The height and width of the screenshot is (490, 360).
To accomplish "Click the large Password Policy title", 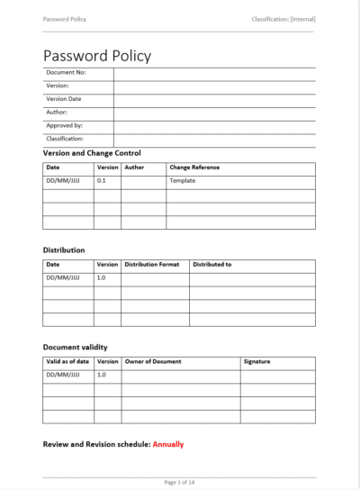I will [x=97, y=56].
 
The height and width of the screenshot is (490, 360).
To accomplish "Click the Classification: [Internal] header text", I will [x=284, y=20].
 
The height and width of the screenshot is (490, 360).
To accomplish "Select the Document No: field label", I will [x=66, y=72].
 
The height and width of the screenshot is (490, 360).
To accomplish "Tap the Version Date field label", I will [x=64, y=99].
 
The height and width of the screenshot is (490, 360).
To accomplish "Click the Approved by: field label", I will [x=65, y=126].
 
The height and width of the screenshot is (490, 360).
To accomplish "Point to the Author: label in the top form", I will [x=58, y=113].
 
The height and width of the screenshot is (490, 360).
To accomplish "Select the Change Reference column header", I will [x=194, y=168].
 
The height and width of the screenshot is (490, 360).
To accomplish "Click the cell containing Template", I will [x=182, y=181].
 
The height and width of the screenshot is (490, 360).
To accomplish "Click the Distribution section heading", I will [x=64, y=250].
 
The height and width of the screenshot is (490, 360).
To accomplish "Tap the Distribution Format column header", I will [x=152, y=265].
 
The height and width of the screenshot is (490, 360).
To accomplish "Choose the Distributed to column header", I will [x=212, y=265].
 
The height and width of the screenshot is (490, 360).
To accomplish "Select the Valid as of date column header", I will [x=68, y=361].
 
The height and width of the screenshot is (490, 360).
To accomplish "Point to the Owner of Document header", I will [x=153, y=361].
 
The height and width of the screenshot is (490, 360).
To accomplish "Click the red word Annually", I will [x=168, y=445].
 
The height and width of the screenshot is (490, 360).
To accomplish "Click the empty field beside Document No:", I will [x=214, y=72].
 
